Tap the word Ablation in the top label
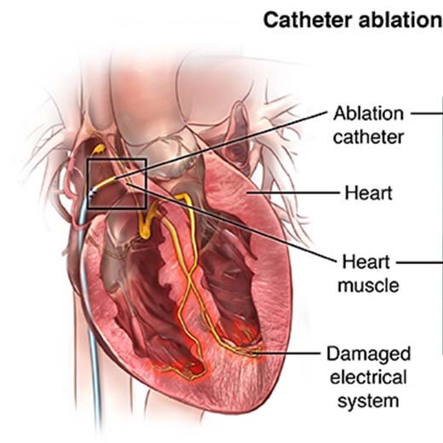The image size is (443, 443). point(369,113)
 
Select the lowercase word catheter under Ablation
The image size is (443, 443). point(369,137)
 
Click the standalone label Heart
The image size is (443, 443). point(369,193)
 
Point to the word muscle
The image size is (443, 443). point(369,285)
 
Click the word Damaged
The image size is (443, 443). point(369,354)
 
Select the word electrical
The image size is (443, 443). point(369,377)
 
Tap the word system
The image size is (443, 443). point(369,401)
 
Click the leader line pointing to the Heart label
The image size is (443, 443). point(293,193)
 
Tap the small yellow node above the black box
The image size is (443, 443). point(99,148)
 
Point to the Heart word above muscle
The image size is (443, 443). point(366,262)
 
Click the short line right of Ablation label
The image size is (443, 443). point(427,113)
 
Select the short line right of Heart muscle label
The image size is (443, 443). point(420,262)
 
